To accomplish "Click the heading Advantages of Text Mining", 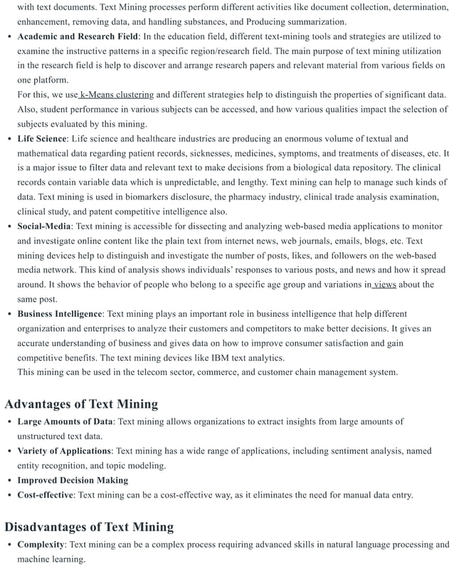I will pyautogui.click(x=81, y=404).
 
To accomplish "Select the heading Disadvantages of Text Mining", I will pyautogui.click(x=89, y=527).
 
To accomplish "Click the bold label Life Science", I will pyautogui.click(x=42, y=138).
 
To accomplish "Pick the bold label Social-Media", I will pyautogui.click(x=44, y=226).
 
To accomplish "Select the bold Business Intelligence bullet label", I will pyautogui.click(x=60, y=313).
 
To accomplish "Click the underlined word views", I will pyautogui.click(x=384, y=285).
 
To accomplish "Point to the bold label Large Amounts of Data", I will pyautogui.click(x=65, y=421).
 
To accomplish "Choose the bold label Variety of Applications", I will pyautogui.click(x=64, y=451).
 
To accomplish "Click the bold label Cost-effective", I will pyautogui.click(x=46, y=495).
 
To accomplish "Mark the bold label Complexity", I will pyautogui.click(x=41, y=545).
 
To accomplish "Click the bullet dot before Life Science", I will pyautogui.click(x=8, y=139).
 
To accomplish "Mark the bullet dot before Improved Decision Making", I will pyautogui.click(x=8, y=481).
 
